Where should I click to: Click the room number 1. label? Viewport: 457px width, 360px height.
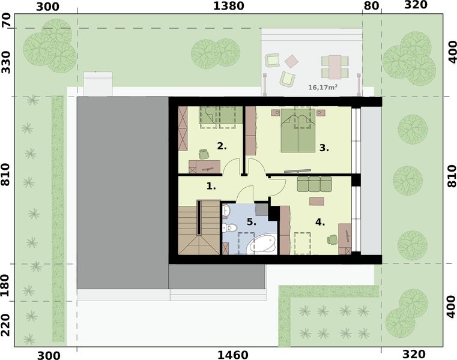point(211,186)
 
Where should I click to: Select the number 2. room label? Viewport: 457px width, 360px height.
point(222,146)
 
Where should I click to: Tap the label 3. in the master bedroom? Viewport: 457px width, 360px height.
point(324,147)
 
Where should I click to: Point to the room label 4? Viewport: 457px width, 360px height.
point(319,222)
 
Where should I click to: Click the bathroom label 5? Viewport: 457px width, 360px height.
point(251,222)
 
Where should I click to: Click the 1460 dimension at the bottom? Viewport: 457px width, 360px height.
point(228,354)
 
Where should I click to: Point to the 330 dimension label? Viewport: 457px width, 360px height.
point(6,62)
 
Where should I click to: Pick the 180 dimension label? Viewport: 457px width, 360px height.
point(6,283)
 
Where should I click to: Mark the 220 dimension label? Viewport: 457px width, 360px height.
point(6,324)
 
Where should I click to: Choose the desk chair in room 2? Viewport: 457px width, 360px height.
point(203,154)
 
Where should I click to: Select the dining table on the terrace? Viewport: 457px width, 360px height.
point(334,66)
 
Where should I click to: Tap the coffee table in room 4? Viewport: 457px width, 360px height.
point(316,201)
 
